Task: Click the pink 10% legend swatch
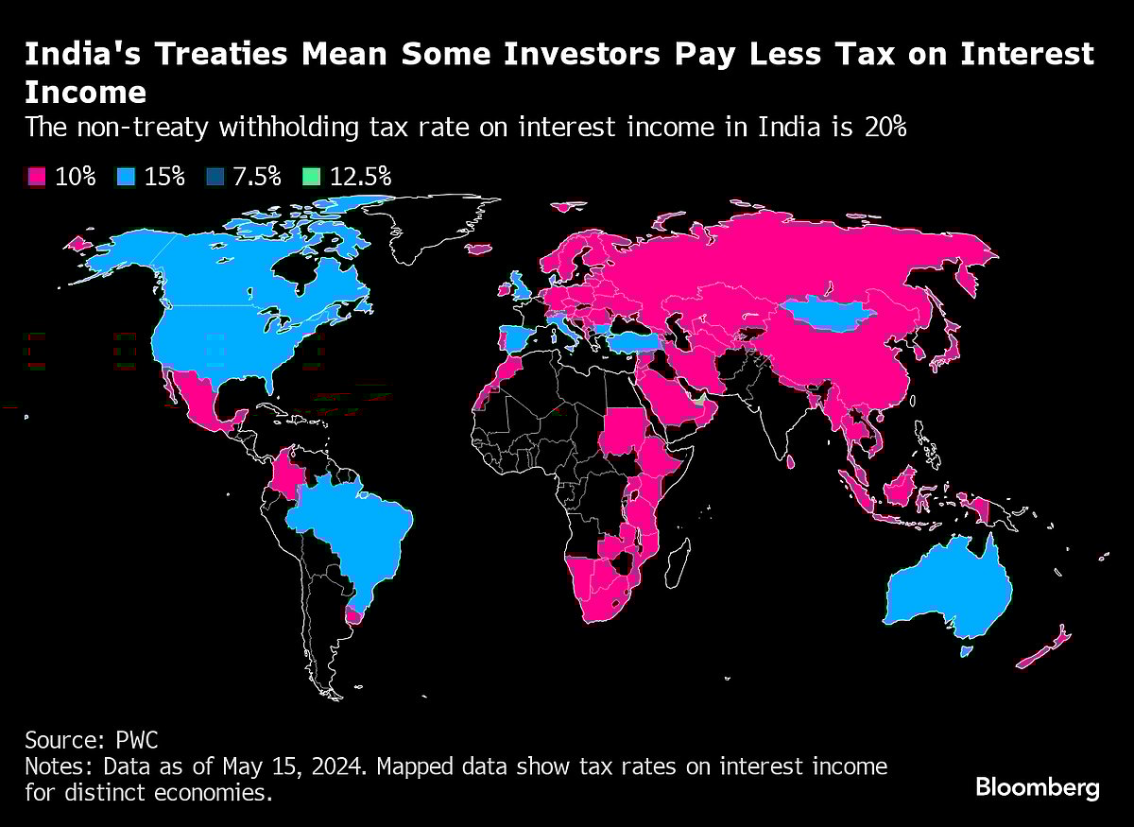pos(37,177)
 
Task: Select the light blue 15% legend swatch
pos(126,177)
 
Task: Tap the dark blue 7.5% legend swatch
pos(215,177)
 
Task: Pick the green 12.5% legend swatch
pos(311,177)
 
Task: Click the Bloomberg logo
pos(1038,786)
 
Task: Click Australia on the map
pos(945,591)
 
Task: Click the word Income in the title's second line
pos(85,93)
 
